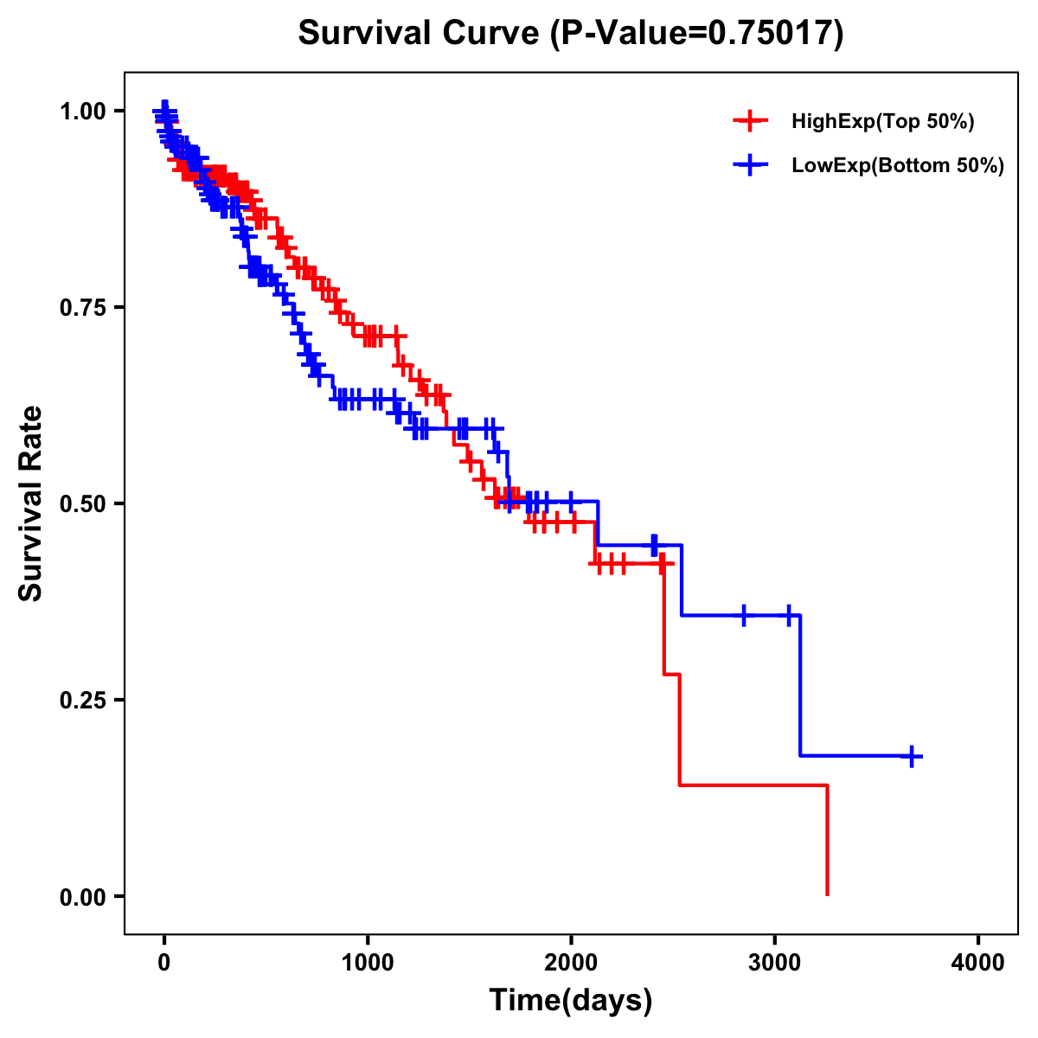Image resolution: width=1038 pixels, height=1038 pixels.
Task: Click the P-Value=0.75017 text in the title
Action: [x=698, y=34]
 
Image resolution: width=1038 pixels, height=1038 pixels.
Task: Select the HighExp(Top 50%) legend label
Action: [x=882, y=122]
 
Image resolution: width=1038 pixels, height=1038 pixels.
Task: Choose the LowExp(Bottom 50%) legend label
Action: [x=897, y=166]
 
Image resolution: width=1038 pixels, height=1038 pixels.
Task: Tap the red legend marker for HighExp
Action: [x=750, y=121]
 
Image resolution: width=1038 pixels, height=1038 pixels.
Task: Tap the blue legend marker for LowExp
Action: [x=750, y=165]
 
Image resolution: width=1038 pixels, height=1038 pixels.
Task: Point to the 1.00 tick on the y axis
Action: [x=83, y=111]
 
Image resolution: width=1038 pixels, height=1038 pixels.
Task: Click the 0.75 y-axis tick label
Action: [x=83, y=307]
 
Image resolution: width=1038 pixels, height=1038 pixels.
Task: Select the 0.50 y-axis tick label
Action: [x=83, y=503]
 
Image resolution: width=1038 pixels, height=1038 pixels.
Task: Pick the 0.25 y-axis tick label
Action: [x=83, y=700]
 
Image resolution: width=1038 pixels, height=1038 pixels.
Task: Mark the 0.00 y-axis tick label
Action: [x=83, y=896]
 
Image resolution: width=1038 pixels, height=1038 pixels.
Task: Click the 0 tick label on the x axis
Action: [x=164, y=963]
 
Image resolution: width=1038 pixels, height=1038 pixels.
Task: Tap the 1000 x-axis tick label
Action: [x=368, y=963]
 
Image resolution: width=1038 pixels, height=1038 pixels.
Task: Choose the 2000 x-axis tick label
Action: [x=571, y=963]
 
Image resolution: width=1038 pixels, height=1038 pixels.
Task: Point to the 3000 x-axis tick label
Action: [x=775, y=963]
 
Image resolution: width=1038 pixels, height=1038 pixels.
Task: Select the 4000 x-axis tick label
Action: [x=978, y=963]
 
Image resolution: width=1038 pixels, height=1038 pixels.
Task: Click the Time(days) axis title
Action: [x=571, y=1001]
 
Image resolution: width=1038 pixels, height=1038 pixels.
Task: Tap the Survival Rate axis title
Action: [x=31, y=503]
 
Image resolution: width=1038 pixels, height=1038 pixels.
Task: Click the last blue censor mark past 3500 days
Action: [x=911, y=756]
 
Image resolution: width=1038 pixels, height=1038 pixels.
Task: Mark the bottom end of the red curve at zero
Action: [x=828, y=894]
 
